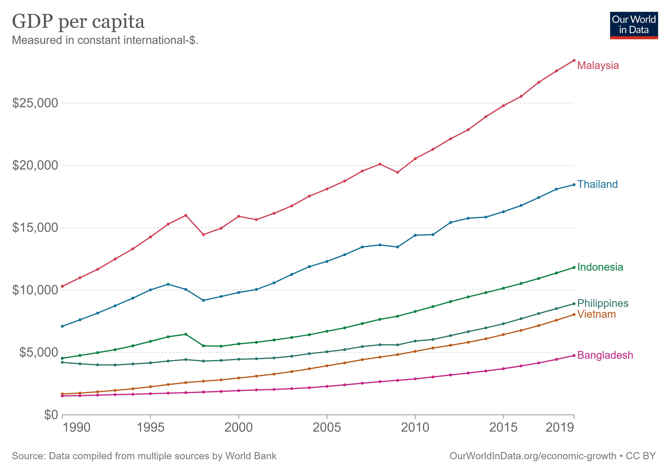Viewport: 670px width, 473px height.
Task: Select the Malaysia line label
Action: pos(598,65)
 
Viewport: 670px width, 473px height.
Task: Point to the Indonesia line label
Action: pos(600,267)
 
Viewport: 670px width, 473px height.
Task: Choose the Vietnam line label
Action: pos(596,314)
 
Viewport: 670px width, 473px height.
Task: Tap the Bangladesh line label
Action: pos(605,355)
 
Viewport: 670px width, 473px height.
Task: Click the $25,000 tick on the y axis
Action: pos(35,103)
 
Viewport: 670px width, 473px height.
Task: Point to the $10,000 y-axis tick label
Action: pos(35,290)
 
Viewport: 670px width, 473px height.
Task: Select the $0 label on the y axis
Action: pos(51,415)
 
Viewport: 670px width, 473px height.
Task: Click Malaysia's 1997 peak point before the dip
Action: pos(186,215)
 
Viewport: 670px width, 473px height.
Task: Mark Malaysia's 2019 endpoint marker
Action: pos(574,60)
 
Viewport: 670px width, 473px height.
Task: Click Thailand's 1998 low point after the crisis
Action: pos(203,300)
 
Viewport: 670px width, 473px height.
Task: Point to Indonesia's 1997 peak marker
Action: pos(186,334)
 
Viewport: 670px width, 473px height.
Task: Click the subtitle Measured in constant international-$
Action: pos(105,40)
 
